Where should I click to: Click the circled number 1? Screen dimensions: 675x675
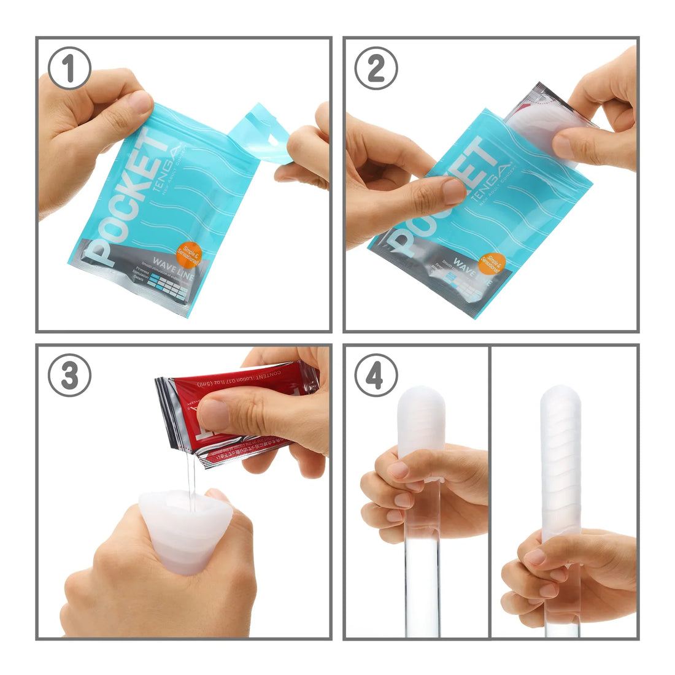[x=69, y=68]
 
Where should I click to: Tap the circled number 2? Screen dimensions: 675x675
[x=376, y=68]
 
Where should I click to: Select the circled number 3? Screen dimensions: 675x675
[x=69, y=375]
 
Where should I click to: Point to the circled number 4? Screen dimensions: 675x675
[x=376, y=375]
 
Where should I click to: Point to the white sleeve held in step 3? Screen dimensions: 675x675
[x=178, y=534]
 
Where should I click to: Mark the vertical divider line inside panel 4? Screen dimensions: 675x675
[x=490, y=491]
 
